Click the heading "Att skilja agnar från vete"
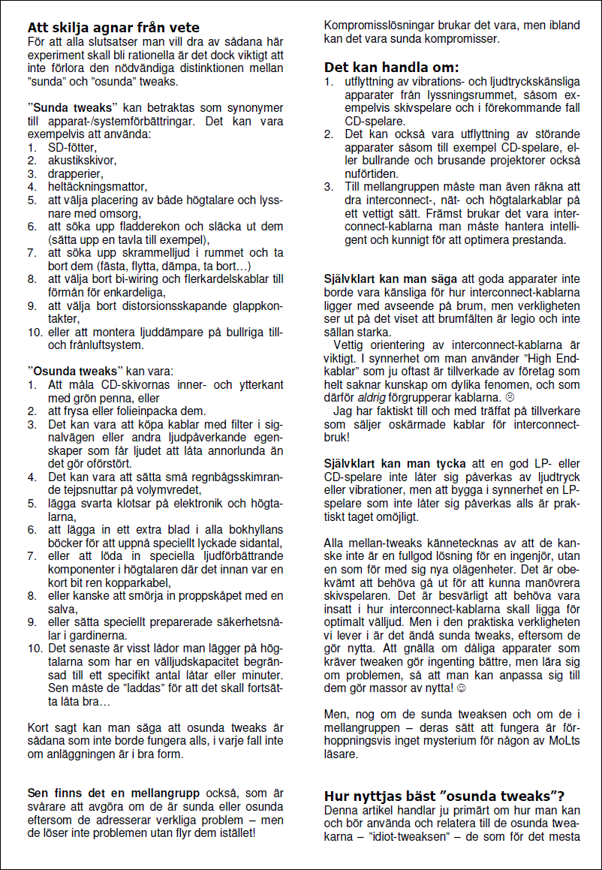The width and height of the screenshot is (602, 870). point(113,28)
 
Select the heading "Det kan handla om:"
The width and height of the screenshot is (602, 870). point(391,67)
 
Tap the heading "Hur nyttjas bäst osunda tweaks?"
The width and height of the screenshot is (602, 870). point(444,796)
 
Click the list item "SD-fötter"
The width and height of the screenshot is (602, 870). point(72,147)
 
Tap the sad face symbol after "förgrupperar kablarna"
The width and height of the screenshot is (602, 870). point(510,397)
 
